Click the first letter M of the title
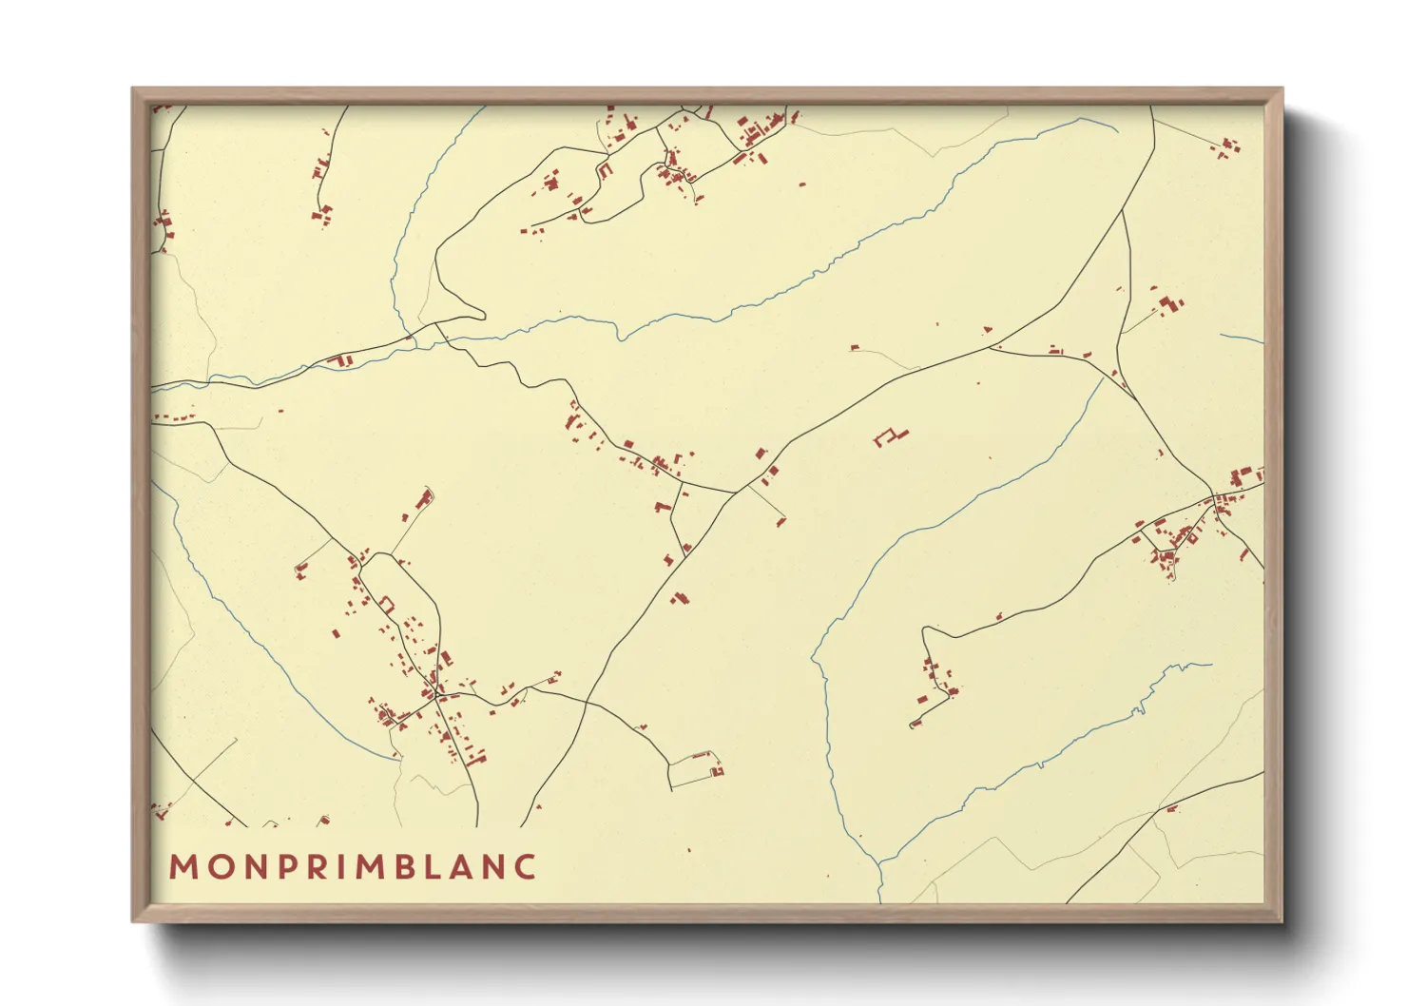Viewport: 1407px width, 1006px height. coord(181,867)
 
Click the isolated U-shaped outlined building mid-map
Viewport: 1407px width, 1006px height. coord(891,436)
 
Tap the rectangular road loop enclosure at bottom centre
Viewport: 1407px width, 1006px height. coord(694,770)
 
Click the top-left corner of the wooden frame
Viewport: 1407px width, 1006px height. coord(133,89)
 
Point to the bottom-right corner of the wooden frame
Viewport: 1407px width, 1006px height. coord(1282,920)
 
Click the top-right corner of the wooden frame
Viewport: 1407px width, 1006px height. coord(1282,89)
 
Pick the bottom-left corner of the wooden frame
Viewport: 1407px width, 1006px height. coord(133,920)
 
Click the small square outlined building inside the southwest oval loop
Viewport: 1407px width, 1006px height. coord(387,604)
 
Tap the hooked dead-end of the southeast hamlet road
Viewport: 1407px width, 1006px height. coord(915,725)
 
